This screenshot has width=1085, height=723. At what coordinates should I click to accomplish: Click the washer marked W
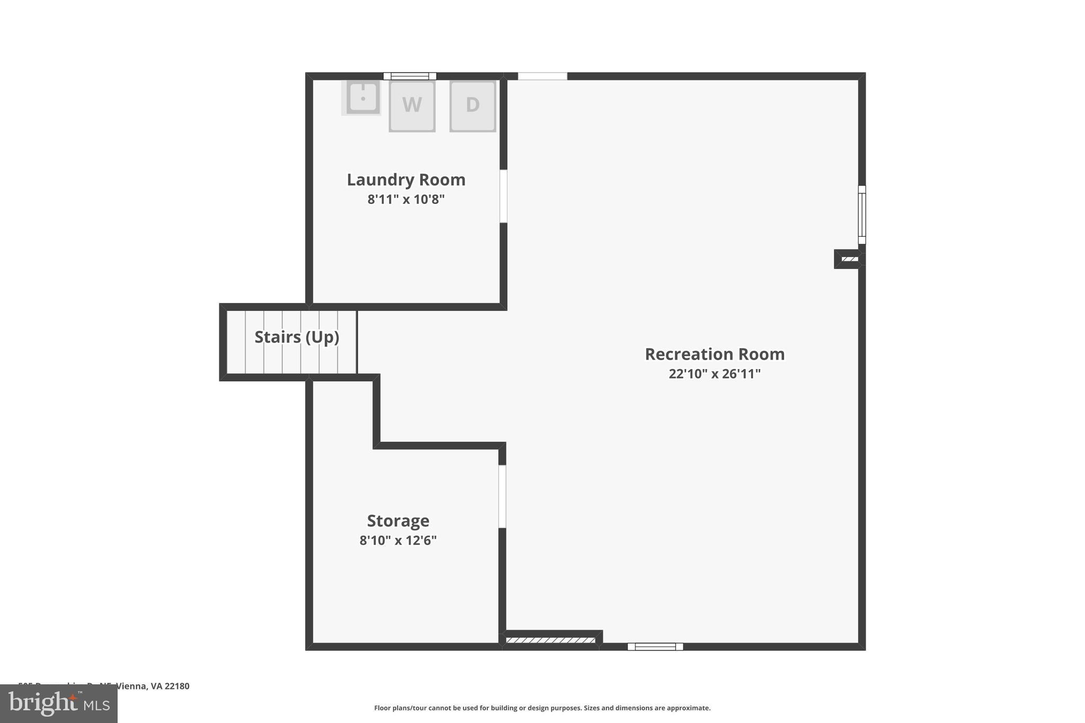pyautogui.click(x=412, y=106)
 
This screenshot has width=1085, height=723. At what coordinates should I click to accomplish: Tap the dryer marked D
pyautogui.click(x=473, y=106)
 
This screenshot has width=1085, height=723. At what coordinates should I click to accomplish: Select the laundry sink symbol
pyautogui.click(x=362, y=97)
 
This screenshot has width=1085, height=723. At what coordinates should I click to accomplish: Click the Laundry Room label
pyautogui.click(x=406, y=180)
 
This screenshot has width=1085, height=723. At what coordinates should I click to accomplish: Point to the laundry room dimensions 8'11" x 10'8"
pyautogui.click(x=406, y=200)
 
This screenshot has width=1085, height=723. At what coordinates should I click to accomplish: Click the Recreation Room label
pyautogui.click(x=714, y=354)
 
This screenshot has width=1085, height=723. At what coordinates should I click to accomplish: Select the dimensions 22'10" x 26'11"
pyautogui.click(x=714, y=374)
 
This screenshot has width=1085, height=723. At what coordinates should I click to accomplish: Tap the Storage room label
pyautogui.click(x=398, y=521)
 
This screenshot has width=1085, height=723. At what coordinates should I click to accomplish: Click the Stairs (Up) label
pyautogui.click(x=297, y=337)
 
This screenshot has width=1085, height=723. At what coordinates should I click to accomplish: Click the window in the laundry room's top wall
pyautogui.click(x=410, y=76)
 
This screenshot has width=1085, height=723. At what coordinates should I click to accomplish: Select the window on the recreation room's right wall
pyautogui.click(x=862, y=215)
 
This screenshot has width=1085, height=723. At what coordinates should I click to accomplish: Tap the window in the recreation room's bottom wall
pyautogui.click(x=655, y=647)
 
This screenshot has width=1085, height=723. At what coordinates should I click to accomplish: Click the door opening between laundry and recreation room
pyautogui.click(x=503, y=196)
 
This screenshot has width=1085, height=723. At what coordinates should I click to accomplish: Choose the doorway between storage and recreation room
pyautogui.click(x=502, y=496)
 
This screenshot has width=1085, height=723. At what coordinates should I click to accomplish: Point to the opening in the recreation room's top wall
pyautogui.click(x=542, y=76)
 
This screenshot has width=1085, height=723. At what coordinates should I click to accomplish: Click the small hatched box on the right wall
pyautogui.click(x=849, y=259)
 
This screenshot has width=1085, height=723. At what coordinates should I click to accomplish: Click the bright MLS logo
pyautogui.click(x=59, y=704)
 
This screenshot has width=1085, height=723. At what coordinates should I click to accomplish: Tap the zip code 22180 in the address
pyautogui.click(x=176, y=686)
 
